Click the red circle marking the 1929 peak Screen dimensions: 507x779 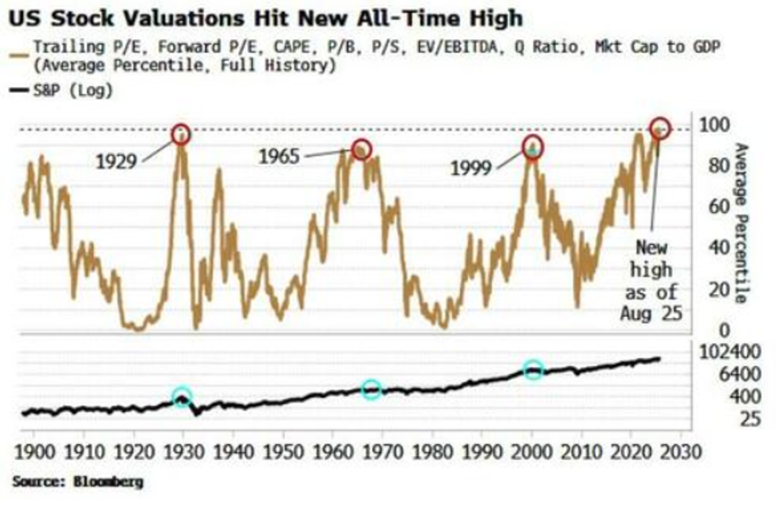pos(181,134)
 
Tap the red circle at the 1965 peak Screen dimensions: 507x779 pos(362,149)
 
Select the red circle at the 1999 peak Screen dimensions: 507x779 pos(533,147)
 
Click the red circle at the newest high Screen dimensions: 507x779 pos(660,128)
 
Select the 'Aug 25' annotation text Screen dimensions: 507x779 pos(651,313)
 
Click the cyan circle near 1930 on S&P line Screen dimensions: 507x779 pos(182,398)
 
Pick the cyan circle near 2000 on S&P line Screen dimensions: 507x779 pos(533,369)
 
